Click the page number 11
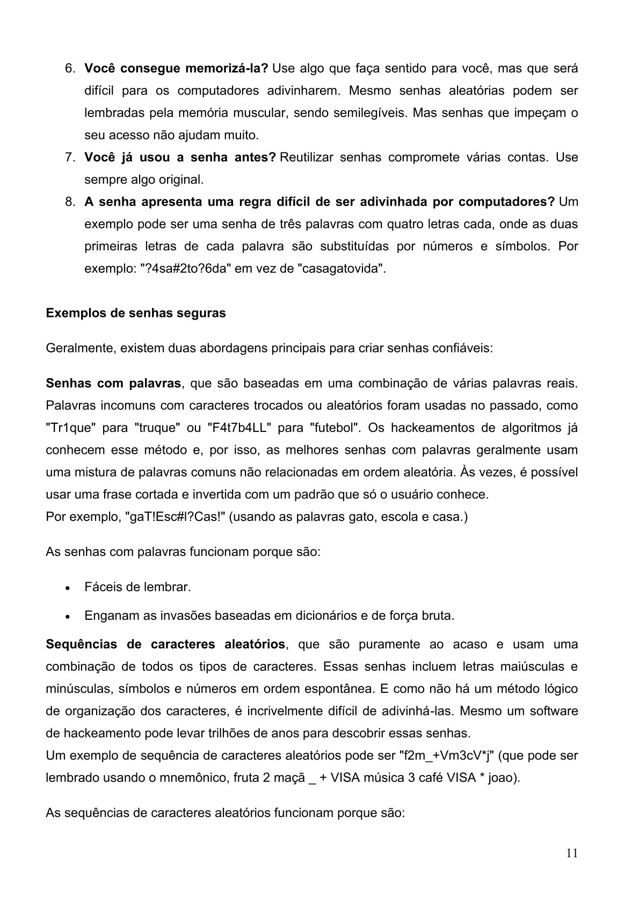coord(572,854)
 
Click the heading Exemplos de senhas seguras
coord(136,313)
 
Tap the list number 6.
coord(70,69)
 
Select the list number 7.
coord(70,157)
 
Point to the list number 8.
coord(70,202)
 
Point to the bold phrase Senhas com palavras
coord(113,384)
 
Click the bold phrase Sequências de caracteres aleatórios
coord(165,644)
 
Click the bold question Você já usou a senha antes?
coord(180,157)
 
